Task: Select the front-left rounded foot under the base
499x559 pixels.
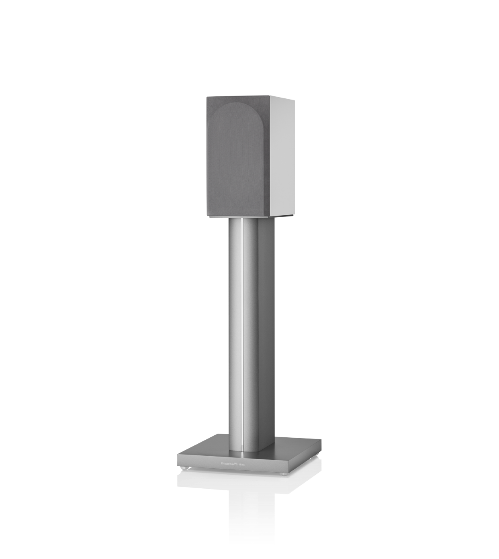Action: (x=184, y=468)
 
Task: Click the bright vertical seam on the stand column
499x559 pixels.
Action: (x=242, y=329)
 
